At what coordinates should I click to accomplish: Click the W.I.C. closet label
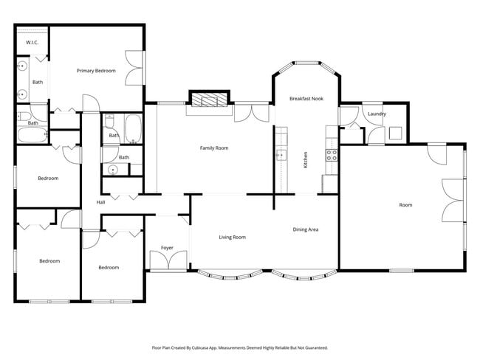pyautogui.click(x=32, y=43)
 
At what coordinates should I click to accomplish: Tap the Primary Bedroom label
pyautogui.click(x=96, y=71)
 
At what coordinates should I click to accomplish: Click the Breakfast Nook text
pyautogui.click(x=306, y=98)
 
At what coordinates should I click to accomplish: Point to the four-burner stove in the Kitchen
pyautogui.click(x=332, y=155)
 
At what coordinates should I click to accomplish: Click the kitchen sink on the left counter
pyautogui.click(x=281, y=154)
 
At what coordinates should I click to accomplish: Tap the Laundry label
pyautogui.click(x=377, y=114)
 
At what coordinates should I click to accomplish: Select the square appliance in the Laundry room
pyautogui.click(x=395, y=134)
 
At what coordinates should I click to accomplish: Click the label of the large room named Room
pyautogui.click(x=405, y=205)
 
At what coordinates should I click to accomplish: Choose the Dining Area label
pyautogui.click(x=305, y=230)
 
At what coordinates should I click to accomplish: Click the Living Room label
pyautogui.click(x=232, y=238)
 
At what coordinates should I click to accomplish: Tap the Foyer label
pyautogui.click(x=167, y=248)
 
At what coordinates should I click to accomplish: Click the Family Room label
pyautogui.click(x=214, y=148)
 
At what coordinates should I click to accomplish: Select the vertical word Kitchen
pyautogui.click(x=306, y=160)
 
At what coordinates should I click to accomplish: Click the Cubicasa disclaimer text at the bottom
pyautogui.click(x=240, y=347)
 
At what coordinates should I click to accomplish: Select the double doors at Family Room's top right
pyautogui.click(x=253, y=113)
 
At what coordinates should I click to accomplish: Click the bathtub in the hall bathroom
pyautogui.click(x=133, y=128)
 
